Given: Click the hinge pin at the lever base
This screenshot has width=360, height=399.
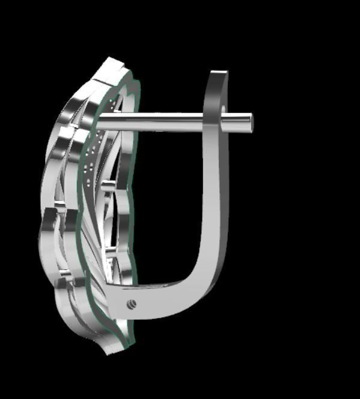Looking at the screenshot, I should click(132, 304).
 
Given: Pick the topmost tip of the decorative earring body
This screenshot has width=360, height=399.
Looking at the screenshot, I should click(111, 60).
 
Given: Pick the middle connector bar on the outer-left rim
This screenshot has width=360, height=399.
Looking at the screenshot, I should click(61, 210).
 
